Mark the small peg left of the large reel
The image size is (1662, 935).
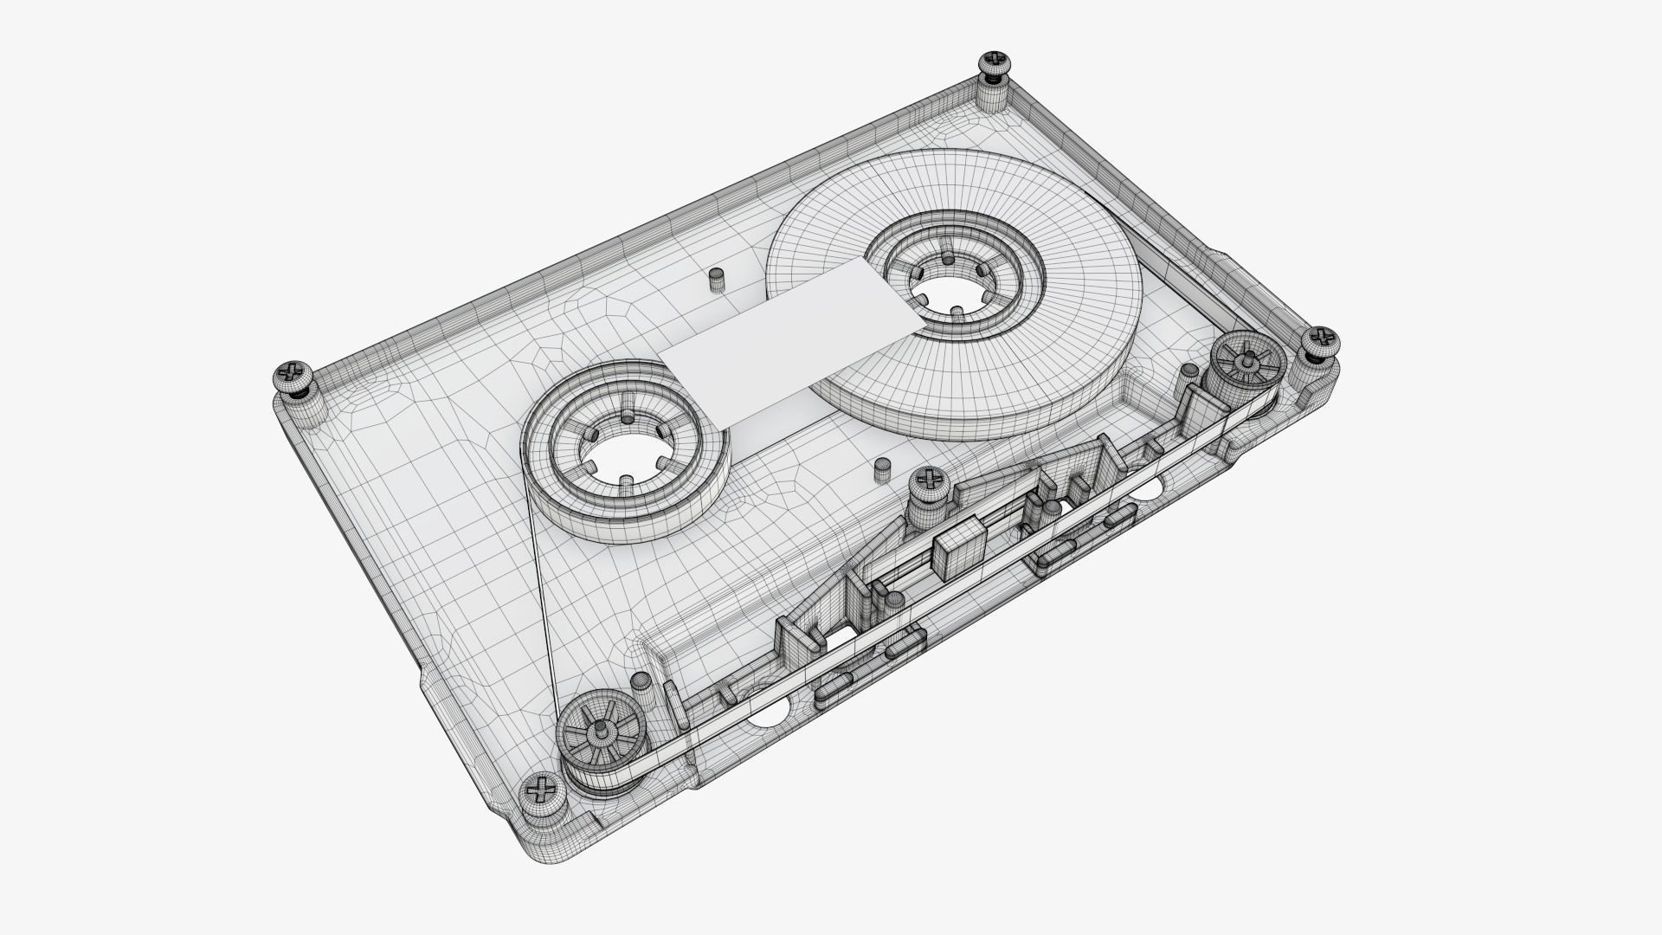click(716, 280)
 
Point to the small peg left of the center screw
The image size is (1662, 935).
click(882, 468)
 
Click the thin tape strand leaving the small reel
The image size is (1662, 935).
click(538, 589)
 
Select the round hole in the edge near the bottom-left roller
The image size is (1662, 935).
click(767, 713)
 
